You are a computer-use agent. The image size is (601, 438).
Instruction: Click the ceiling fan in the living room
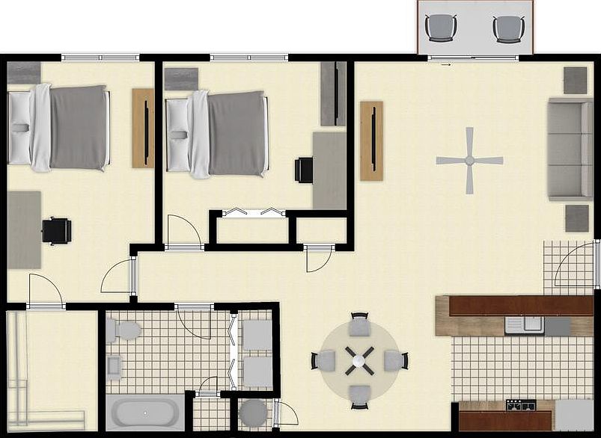coord(469,160)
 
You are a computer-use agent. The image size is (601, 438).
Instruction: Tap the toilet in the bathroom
coord(123,330)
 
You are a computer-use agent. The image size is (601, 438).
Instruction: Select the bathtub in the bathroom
coord(145,413)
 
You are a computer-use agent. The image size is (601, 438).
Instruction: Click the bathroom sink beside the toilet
coord(115,366)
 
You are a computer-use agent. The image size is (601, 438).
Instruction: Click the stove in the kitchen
coord(521,405)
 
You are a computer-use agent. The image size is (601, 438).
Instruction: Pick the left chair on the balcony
coord(441,28)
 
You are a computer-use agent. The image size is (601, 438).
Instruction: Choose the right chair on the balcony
coord(508,29)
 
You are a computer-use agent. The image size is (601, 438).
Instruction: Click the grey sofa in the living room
coord(569,149)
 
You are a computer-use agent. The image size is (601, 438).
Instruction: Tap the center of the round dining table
coord(359,361)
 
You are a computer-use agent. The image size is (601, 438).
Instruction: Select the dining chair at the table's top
coord(360,325)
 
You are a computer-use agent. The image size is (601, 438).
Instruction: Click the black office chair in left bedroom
coord(56,230)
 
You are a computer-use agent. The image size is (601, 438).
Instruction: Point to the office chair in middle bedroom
coord(304,170)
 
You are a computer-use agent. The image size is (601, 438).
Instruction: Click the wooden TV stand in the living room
coord(371,141)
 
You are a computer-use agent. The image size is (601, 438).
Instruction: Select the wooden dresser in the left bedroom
coord(142,128)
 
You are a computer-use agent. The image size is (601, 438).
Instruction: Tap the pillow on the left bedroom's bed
coord(20,127)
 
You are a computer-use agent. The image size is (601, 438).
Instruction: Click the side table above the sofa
coord(575,80)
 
